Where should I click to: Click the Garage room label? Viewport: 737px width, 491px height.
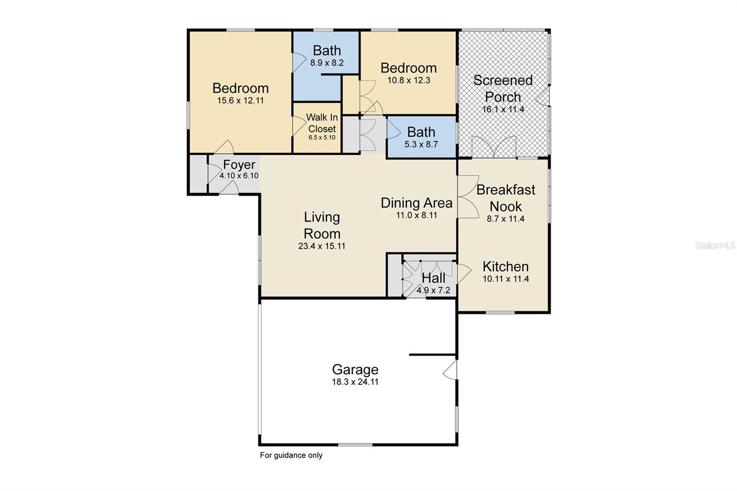[355, 369]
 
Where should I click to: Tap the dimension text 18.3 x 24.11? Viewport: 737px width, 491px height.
[355, 382]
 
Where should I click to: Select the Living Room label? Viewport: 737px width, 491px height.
[322, 225]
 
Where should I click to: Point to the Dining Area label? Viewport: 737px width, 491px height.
[416, 203]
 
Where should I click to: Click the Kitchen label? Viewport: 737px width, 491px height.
[505, 267]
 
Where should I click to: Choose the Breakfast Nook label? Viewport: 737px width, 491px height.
[506, 198]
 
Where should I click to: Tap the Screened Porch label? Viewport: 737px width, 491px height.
[503, 88]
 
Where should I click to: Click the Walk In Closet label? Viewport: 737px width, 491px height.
[322, 123]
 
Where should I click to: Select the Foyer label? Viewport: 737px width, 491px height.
[239, 165]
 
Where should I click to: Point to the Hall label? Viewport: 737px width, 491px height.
[433, 278]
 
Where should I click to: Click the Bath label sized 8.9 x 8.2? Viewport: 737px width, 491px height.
[327, 50]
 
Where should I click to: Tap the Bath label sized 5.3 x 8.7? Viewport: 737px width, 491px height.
[421, 132]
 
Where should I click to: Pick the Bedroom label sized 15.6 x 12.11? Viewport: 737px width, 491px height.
[240, 88]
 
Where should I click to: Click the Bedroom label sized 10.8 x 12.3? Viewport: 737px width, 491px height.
[409, 68]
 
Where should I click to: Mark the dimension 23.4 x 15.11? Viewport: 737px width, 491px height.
[322, 246]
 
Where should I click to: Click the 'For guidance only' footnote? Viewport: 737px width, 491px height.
[291, 456]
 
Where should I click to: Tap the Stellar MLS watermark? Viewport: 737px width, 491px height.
[715, 246]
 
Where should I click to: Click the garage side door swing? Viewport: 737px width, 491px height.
[450, 370]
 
